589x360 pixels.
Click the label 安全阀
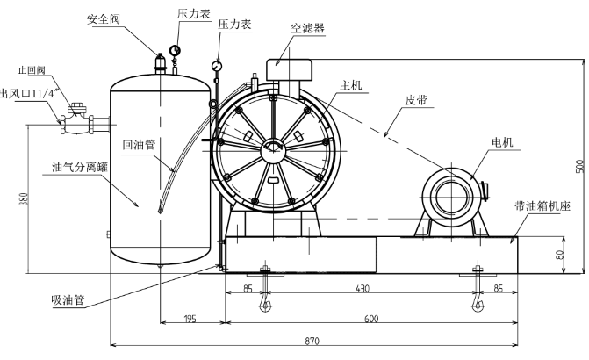(104, 18)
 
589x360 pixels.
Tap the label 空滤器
(307, 28)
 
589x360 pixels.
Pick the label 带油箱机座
(542, 207)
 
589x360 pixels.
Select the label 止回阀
(30, 69)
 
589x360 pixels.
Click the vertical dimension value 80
(559, 256)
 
